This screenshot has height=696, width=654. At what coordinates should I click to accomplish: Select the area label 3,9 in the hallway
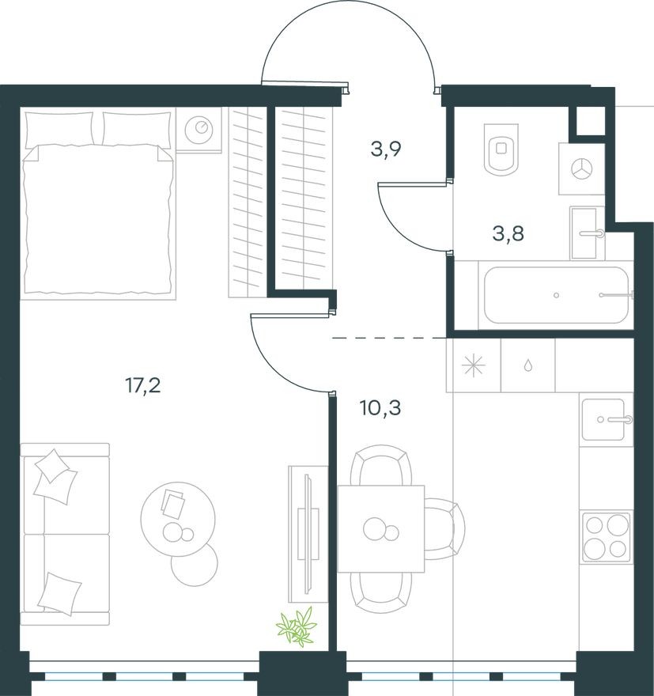(x=387, y=148)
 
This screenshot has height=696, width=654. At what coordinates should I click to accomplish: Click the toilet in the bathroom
(x=501, y=149)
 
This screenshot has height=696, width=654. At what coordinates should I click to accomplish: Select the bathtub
(x=556, y=295)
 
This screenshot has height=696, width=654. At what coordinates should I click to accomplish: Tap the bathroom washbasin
(x=587, y=233)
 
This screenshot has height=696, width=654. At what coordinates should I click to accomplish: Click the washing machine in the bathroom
(x=581, y=168)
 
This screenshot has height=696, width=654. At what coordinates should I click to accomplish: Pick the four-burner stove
(x=607, y=537)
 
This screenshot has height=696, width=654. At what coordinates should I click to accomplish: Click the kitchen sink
(x=607, y=419)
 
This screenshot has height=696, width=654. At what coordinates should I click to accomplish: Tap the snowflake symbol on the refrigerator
(x=474, y=365)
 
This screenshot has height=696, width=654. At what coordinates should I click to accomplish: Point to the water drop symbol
(x=527, y=366)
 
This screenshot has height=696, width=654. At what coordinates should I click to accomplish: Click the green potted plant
(x=297, y=626)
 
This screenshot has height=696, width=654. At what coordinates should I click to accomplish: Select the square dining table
(x=380, y=529)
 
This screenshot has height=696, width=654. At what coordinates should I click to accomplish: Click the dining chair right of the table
(x=443, y=529)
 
